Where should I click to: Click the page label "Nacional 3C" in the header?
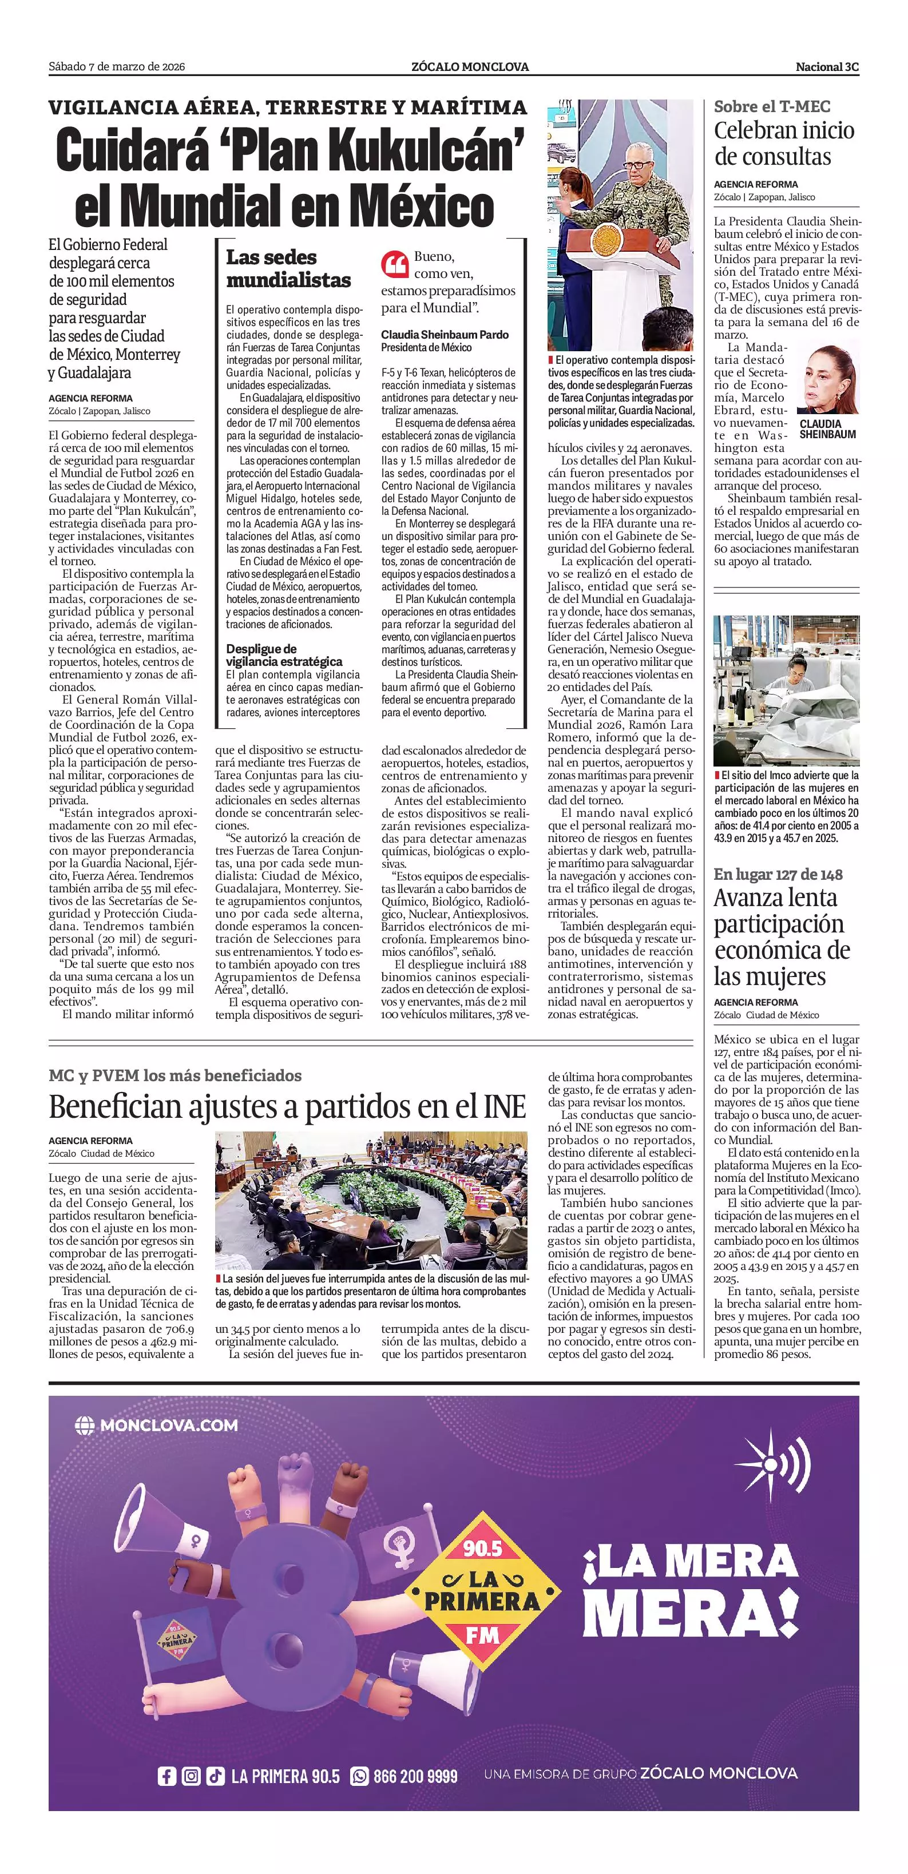pos(827,67)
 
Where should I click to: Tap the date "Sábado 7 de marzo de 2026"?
pos(116,67)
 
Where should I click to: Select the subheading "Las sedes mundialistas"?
pos(288,268)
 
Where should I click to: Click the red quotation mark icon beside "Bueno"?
pos(394,265)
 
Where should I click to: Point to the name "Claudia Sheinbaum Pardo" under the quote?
pos(445,335)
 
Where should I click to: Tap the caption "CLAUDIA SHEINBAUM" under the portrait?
pos(827,428)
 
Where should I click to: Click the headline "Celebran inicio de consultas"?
pos(784,144)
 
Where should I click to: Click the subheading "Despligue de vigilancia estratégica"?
pos(284,655)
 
